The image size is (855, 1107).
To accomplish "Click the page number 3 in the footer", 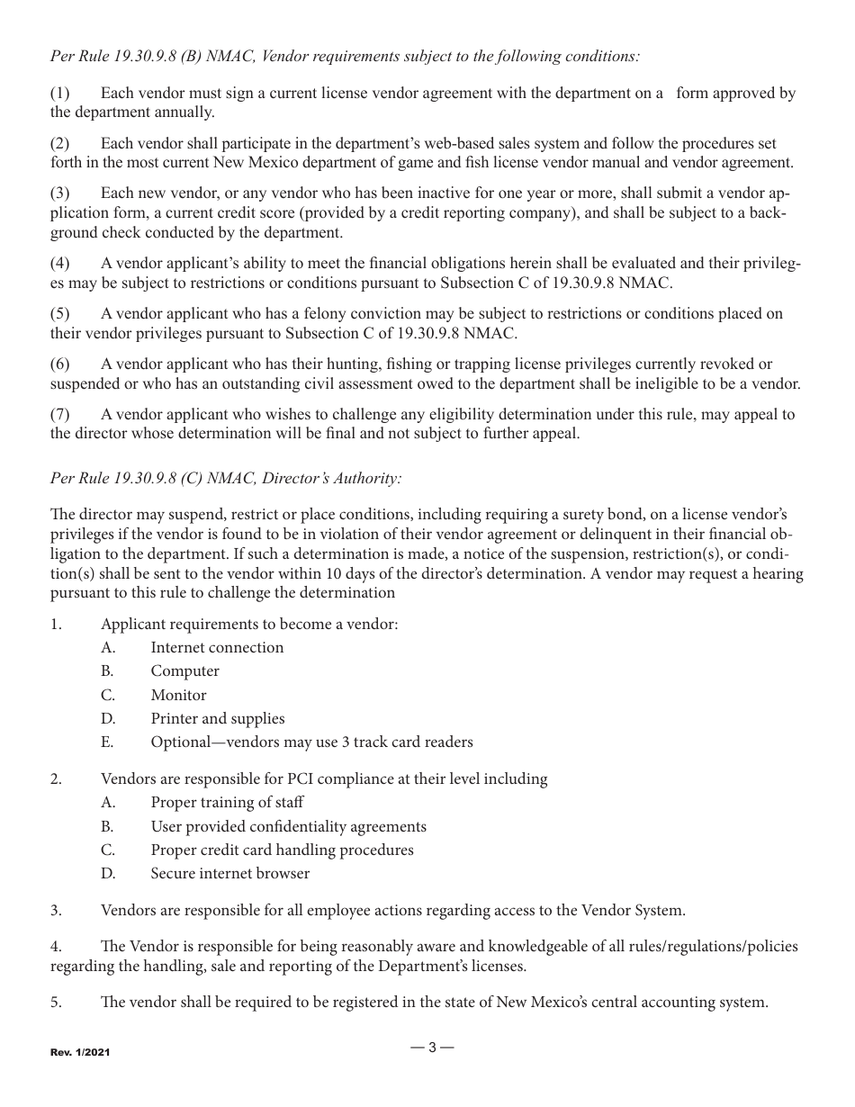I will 432,1048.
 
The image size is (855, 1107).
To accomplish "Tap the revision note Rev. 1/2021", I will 80,1051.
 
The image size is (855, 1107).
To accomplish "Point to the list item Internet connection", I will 217,648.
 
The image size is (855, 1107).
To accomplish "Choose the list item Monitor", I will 178,696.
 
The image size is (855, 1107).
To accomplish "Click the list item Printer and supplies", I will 218,719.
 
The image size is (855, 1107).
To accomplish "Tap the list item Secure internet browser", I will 229,874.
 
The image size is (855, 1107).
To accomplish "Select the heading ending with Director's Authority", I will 226,479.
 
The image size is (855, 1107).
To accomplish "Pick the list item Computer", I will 184,671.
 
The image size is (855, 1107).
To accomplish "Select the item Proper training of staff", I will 227,803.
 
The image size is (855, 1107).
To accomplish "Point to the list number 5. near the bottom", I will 56,1003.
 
